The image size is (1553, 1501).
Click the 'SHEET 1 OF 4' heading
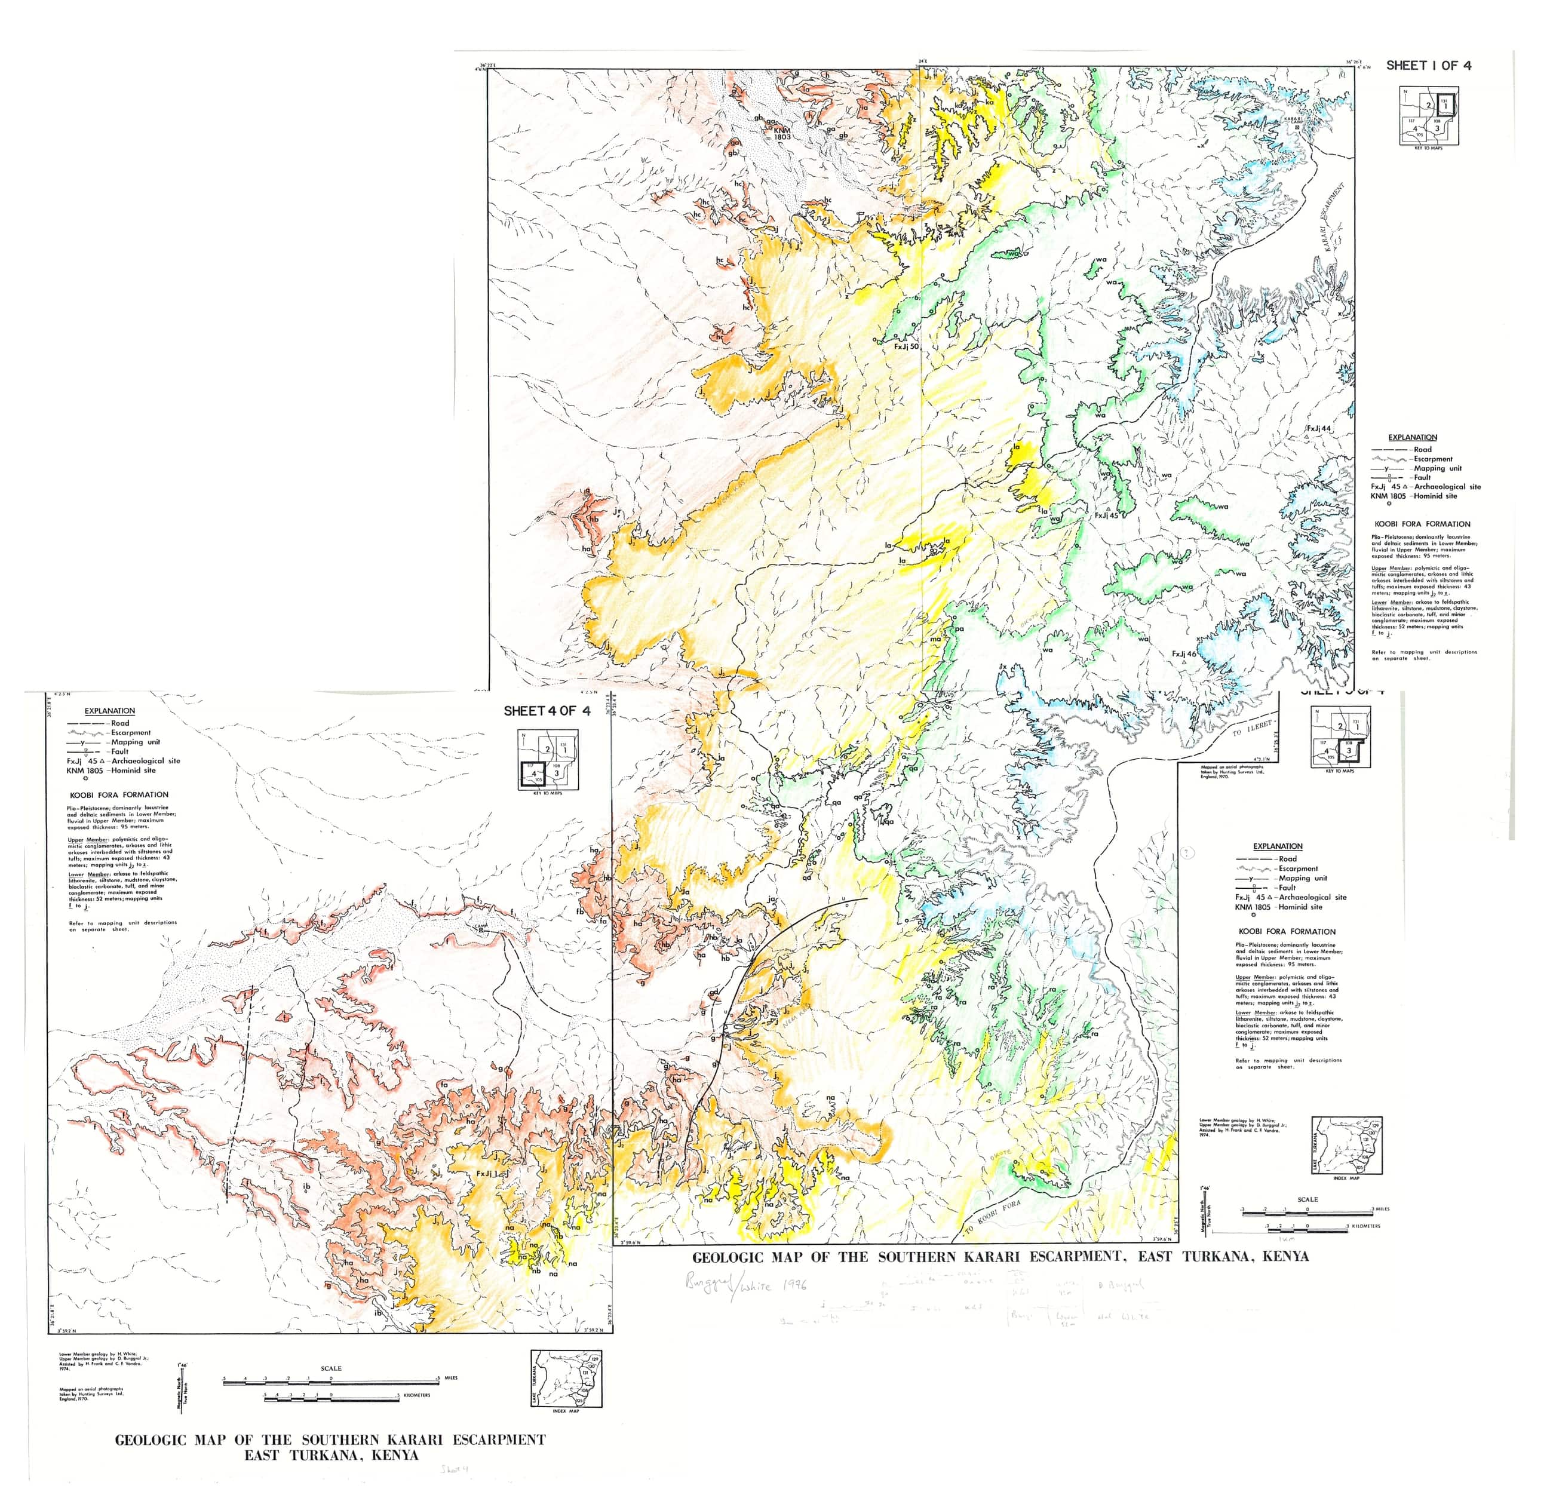click(x=1428, y=66)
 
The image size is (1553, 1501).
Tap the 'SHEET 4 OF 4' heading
click(x=547, y=711)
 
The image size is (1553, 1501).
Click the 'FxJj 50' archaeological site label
click(x=906, y=346)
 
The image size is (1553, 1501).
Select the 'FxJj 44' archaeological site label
click(x=1318, y=429)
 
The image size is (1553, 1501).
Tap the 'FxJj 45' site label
click(x=1106, y=515)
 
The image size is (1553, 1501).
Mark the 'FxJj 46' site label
click(x=1184, y=655)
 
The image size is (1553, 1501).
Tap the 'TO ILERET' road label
click(x=1253, y=728)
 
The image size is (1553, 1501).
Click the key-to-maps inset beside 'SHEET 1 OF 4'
click(x=1428, y=116)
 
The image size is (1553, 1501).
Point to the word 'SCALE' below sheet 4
click(x=331, y=1368)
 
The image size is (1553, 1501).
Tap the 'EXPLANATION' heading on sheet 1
click(x=1412, y=437)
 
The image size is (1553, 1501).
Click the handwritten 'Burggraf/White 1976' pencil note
click(x=745, y=1285)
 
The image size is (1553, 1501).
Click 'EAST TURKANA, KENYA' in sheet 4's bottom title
click(x=330, y=1455)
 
